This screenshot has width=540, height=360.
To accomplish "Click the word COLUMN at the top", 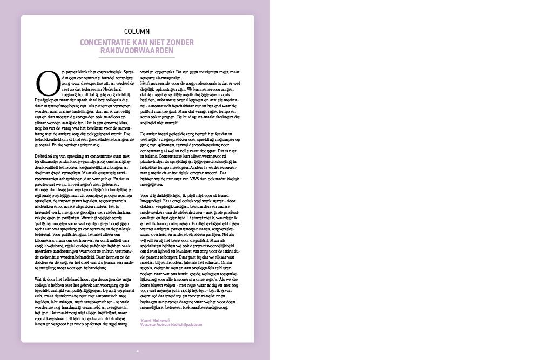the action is tap(137, 31).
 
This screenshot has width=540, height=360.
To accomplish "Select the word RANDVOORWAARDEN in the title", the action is tap(137, 51).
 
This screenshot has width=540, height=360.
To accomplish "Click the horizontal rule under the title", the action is tap(137, 57).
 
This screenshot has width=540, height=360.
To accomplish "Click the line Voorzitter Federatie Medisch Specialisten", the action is tap(171, 324).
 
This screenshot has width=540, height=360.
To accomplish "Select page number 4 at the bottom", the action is tap(137, 351).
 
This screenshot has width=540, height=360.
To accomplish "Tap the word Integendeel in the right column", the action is tap(152, 201).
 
